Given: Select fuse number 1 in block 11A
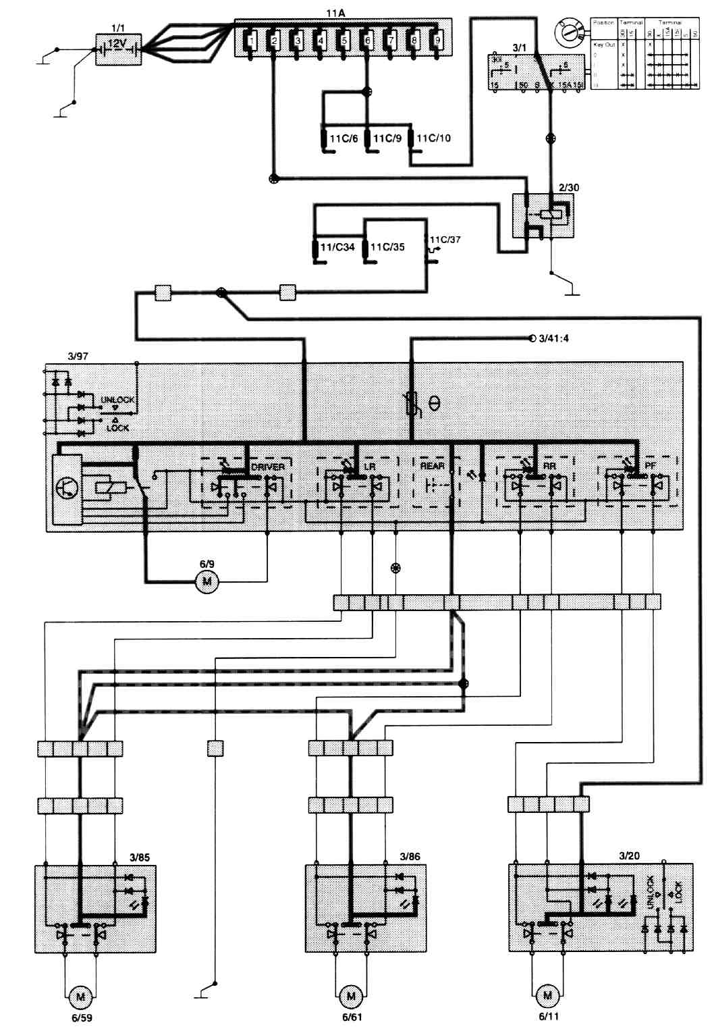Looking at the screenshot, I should click(x=250, y=41).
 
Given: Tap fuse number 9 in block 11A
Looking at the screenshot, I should click(x=437, y=41).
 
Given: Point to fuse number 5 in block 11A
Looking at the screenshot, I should click(x=344, y=41).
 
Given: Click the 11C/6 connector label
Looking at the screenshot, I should click(x=344, y=138).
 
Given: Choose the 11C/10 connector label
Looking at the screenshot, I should click(x=433, y=138).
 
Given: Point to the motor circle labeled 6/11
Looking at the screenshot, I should click(x=547, y=995).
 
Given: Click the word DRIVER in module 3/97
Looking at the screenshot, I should click(x=268, y=467).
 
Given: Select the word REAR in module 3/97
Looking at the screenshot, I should click(x=433, y=466).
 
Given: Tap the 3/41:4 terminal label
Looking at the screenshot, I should click(x=554, y=338).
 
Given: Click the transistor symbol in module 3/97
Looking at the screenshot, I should click(x=67, y=487).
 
